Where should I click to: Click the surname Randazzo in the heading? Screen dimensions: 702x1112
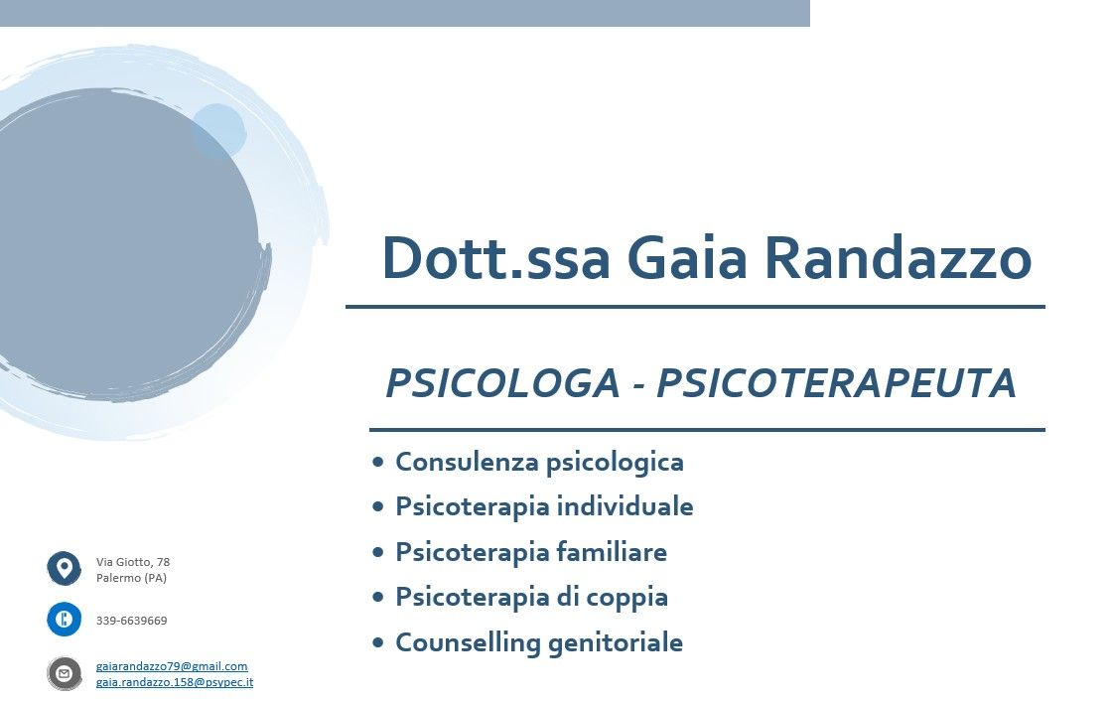coord(898,258)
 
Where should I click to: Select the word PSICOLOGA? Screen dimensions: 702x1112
coord(502,384)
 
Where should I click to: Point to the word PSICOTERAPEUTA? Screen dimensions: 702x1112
coord(836,384)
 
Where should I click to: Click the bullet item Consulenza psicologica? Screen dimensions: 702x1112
coord(539,462)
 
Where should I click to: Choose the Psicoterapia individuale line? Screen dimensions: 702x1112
coord(544,506)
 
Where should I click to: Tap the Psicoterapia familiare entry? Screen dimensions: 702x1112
coord(531,552)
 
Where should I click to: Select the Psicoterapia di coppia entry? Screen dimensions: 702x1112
coord(531,597)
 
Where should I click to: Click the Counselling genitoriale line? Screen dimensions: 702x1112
coord(539,642)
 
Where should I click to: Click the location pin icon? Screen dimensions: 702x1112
coord(65,569)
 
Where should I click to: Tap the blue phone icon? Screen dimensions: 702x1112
coord(65,620)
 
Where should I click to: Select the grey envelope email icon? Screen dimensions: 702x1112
coord(65,673)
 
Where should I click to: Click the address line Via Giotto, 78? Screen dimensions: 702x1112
coord(133,562)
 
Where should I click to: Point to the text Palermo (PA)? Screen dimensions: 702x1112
coord(131,578)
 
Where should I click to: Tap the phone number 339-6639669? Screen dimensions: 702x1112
coord(132,621)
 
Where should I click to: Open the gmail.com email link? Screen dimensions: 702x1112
coord(172,666)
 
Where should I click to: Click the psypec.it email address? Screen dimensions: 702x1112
coord(175,682)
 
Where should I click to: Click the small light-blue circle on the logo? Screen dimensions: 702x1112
coord(217,130)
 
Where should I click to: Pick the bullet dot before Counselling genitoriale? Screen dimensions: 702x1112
coord(377,642)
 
